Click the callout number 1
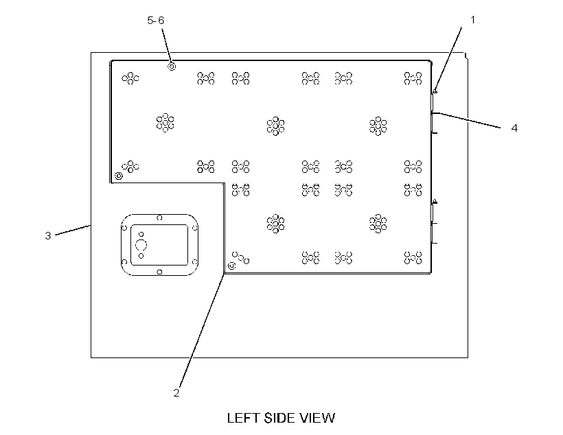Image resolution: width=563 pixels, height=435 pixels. [472, 20]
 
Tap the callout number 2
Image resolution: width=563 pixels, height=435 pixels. [176, 393]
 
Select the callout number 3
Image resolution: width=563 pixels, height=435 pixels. [48, 236]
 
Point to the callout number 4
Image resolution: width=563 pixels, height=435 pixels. [514, 128]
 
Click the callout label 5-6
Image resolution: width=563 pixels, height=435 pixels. [156, 21]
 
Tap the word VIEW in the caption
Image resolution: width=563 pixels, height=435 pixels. [318, 418]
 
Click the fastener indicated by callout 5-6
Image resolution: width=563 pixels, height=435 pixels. [172, 67]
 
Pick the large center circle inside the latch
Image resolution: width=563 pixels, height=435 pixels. [141, 245]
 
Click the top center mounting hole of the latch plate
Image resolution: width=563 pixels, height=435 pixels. [160, 218]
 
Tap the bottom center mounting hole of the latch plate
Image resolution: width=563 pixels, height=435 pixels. [160, 272]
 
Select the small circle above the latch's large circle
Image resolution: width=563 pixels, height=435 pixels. [141, 235]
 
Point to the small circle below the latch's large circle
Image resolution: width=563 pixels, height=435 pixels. [141, 256]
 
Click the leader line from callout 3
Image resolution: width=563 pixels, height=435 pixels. [73, 230]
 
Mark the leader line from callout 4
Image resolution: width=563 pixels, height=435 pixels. [468, 120]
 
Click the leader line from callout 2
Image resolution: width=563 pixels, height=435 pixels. [202, 330]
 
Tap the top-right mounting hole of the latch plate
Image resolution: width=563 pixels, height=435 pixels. [194, 228]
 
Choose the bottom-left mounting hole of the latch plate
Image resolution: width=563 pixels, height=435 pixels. [124, 262]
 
